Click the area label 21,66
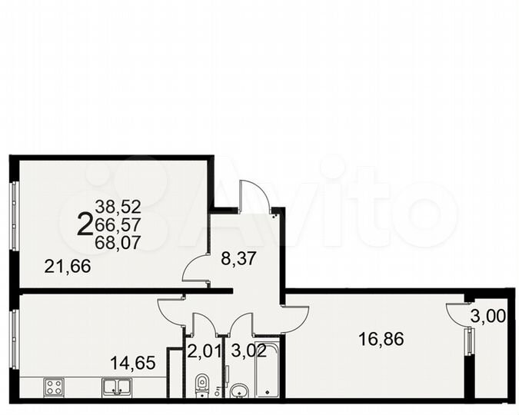click(x=68, y=267)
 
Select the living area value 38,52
click(x=118, y=206)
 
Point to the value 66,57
click(x=118, y=224)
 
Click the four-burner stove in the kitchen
click(x=54, y=387)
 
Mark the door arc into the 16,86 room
click(x=295, y=316)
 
